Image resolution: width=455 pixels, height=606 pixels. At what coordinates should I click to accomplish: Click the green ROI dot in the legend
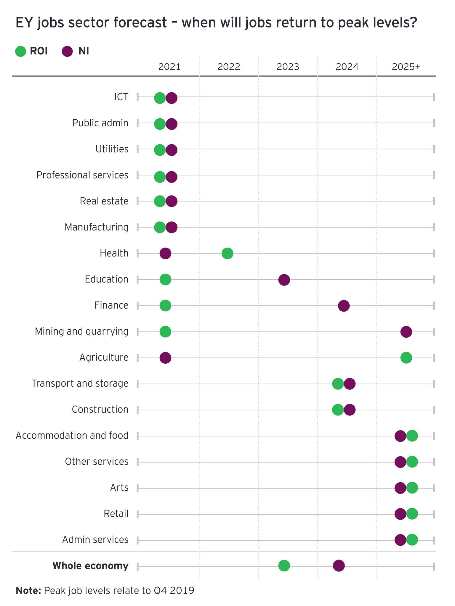[x=21, y=51]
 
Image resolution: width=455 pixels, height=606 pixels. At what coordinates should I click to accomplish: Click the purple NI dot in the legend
[x=67, y=51]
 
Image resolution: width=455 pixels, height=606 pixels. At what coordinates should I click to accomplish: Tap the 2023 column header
[x=288, y=67]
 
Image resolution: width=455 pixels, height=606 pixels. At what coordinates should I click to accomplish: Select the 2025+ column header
[x=406, y=67]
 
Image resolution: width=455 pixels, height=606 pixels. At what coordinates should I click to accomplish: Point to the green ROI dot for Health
[x=227, y=253]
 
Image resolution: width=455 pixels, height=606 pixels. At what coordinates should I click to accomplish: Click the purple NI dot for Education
[x=284, y=280]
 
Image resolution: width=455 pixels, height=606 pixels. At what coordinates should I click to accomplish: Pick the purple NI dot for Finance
[x=344, y=306]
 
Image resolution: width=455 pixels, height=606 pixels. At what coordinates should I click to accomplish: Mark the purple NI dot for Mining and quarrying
[x=406, y=332]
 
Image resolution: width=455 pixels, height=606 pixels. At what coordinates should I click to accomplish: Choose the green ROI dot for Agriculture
[x=406, y=358]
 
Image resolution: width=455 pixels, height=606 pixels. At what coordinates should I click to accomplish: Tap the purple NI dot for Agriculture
[x=165, y=358]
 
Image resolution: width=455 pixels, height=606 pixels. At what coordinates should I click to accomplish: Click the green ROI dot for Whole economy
[x=284, y=566]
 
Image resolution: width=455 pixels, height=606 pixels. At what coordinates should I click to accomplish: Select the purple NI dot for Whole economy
[x=339, y=566]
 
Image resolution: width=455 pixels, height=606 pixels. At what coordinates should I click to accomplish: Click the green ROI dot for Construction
[x=338, y=410]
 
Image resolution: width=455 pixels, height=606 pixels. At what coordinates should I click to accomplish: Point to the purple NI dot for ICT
[x=172, y=98]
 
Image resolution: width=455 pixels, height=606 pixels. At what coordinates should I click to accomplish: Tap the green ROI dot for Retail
[x=412, y=514]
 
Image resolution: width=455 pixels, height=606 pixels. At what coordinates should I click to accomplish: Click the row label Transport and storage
[x=80, y=383]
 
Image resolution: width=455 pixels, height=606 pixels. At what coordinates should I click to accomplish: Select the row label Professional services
[x=82, y=175]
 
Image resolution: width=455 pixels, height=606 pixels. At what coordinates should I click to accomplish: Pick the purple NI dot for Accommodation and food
[x=400, y=436]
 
